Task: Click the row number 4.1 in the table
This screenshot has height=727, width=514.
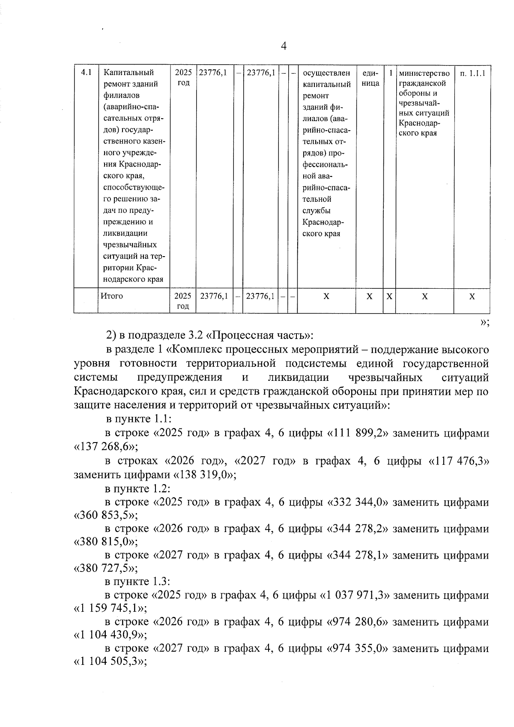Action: [x=87, y=72]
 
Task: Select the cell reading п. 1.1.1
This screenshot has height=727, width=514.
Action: [x=472, y=74]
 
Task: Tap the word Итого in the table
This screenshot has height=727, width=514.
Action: [x=112, y=296]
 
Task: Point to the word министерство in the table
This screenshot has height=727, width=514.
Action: [x=424, y=73]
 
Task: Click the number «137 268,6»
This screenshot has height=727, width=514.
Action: [x=105, y=447]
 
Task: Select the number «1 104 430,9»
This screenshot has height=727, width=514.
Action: [x=111, y=634]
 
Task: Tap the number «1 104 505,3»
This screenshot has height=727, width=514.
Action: [x=111, y=661]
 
